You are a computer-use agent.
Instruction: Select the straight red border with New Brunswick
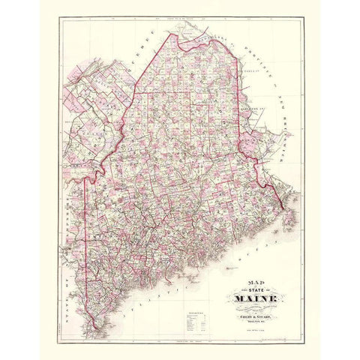point(239,105)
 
